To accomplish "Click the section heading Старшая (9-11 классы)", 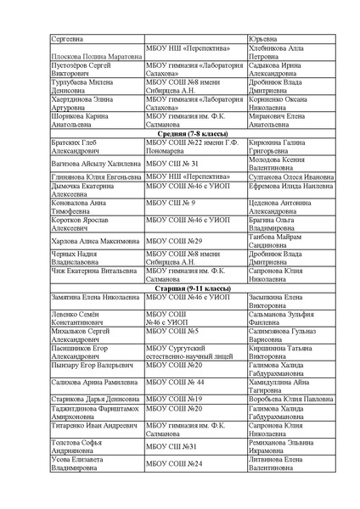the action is tap(180, 288).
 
